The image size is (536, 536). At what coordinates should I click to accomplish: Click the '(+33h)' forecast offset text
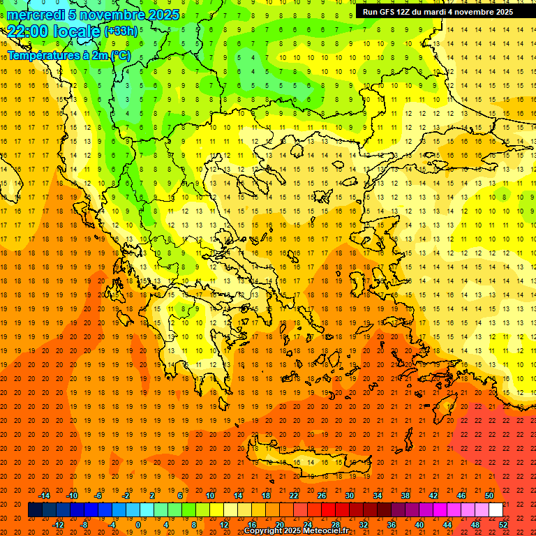[x=121, y=31]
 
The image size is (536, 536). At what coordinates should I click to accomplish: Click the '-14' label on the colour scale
[x=45, y=496]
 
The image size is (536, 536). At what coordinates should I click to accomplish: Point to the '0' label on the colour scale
[x=138, y=525]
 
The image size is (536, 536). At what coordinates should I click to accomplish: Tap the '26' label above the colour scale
[x=321, y=496]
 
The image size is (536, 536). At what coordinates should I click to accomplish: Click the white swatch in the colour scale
[x=496, y=510]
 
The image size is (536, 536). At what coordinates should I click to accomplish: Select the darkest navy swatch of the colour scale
[x=35, y=510]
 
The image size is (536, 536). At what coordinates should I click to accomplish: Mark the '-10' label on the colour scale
[x=71, y=496]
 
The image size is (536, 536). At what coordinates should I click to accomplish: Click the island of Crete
[x=307, y=457]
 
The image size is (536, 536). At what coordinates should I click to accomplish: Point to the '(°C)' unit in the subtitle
[x=119, y=55]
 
